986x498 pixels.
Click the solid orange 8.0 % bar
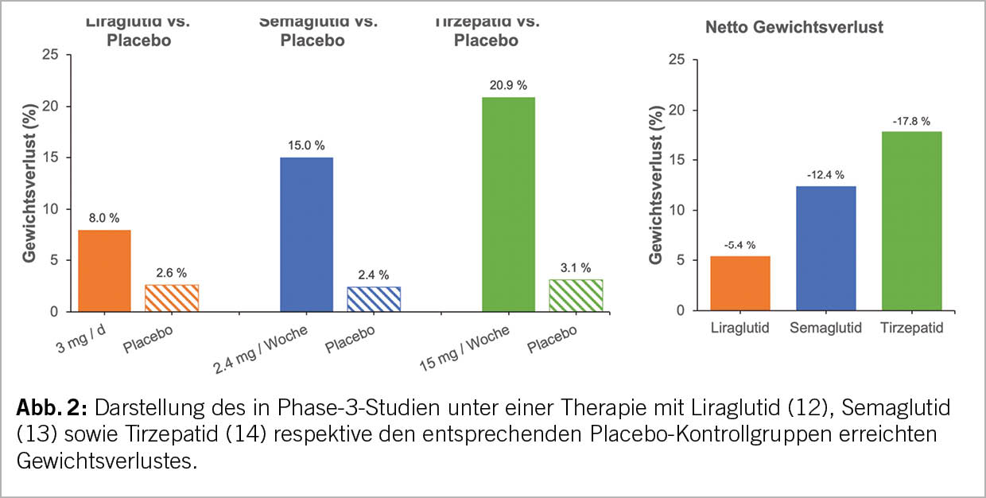pos(104,270)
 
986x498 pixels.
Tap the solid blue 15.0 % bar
pos(306,234)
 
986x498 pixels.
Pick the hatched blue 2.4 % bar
pos(374,299)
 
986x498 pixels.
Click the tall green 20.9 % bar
pos(509,204)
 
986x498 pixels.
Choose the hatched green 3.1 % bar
pos(576,295)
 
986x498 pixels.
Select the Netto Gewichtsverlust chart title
pos(794,28)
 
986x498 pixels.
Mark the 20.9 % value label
pos(509,84)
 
